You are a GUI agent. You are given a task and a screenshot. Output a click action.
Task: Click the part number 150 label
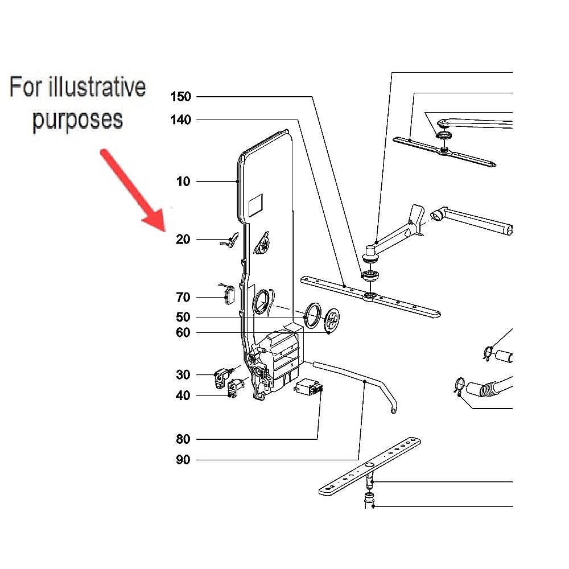181,97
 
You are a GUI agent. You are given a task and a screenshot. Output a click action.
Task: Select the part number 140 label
181,120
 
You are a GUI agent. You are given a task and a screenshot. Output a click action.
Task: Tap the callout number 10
183,182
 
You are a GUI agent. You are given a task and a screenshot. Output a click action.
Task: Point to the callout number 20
183,240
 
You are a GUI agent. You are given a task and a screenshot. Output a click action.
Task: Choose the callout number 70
183,297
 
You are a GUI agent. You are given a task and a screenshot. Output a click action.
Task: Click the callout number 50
183,317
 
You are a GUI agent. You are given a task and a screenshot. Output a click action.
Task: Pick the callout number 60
183,332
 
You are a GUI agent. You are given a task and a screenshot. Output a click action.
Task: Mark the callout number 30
183,375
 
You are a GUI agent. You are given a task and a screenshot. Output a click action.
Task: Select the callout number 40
183,395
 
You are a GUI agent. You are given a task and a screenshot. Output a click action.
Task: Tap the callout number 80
183,439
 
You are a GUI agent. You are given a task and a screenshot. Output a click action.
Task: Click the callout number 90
183,460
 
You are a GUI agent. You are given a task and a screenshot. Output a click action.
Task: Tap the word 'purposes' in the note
77,120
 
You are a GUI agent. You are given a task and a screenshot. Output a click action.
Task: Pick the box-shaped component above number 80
308,389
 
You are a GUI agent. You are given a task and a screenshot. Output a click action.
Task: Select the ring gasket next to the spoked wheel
312,316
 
